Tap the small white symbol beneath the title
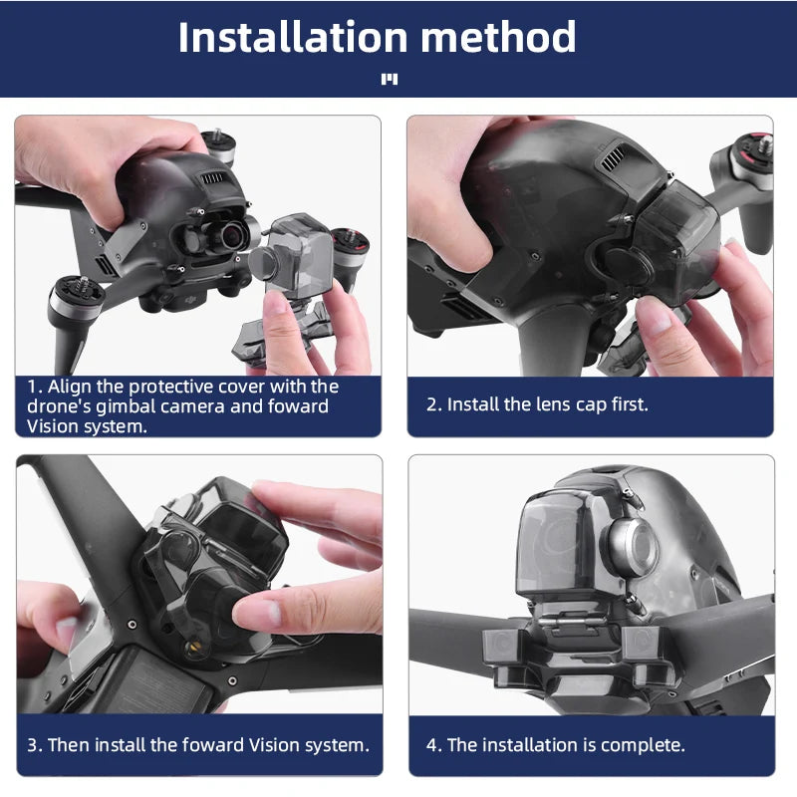(x=390, y=80)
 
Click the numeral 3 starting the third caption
(x=32, y=744)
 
